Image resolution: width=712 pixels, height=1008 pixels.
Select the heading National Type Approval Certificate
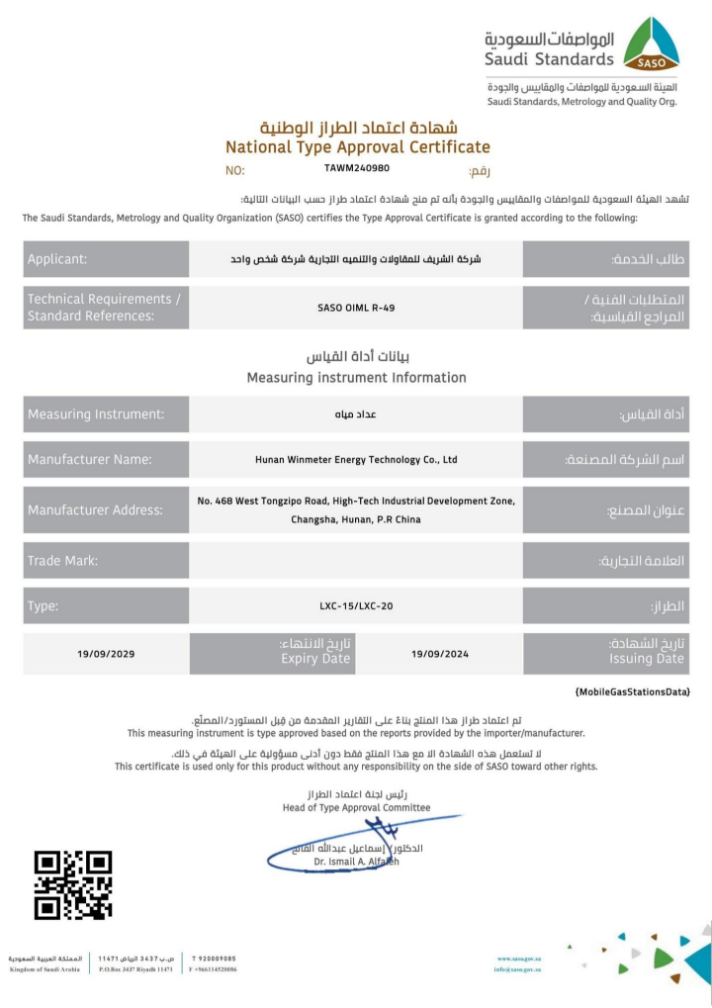[x=358, y=146]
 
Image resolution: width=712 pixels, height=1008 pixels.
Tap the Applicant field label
[x=57, y=259]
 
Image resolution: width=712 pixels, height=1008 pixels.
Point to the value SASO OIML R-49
[x=356, y=308]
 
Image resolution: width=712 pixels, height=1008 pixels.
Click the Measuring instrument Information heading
[x=356, y=377]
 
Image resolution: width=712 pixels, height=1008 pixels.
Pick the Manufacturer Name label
[x=90, y=459]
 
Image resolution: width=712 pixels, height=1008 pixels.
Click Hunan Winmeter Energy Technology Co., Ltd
[x=356, y=459]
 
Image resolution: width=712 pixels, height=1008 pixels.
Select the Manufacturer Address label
[x=95, y=510]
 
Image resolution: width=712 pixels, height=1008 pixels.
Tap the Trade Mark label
[x=63, y=561]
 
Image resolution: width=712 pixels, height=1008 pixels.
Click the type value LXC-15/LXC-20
[x=356, y=605]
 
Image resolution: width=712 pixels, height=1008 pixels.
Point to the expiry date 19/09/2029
[x=106, y=654]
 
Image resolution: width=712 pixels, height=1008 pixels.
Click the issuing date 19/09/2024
[x=439, y=654]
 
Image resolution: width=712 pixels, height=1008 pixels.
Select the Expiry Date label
[x=315, y=659]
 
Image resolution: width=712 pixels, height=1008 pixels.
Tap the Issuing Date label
[x=647, y=659]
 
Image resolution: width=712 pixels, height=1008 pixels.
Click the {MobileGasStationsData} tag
[x=632, y=690]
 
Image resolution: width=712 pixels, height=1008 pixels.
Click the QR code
[x=73, y=884]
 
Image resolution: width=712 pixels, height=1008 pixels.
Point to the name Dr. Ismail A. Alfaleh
[x=356, y=863]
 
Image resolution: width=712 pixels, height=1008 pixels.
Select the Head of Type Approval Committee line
[x=356, y=807]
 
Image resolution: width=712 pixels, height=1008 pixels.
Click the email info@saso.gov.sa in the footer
[x=518, y=969]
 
